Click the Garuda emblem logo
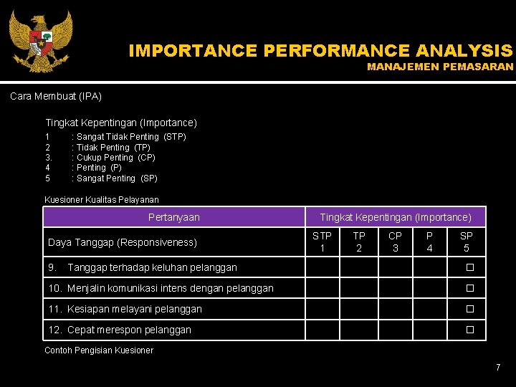(40, 42)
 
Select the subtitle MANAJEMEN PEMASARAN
(440, 67)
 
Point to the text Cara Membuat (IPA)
(56, 96)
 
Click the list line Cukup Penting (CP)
(115, 158)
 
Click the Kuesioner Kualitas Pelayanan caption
(102, 200)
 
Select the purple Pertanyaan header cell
(174, 217)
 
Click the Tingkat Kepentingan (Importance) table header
(396, 217)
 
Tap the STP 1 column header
(322, 242)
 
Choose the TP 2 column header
(359, 242)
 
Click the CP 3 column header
(395, 242)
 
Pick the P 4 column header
(429, 242)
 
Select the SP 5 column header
(466, 242)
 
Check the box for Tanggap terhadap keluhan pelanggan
(470, 268)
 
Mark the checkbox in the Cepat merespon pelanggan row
(470, 330)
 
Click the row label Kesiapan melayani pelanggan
(134, 310)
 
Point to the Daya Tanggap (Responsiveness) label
(122, 242)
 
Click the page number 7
(498, 368)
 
